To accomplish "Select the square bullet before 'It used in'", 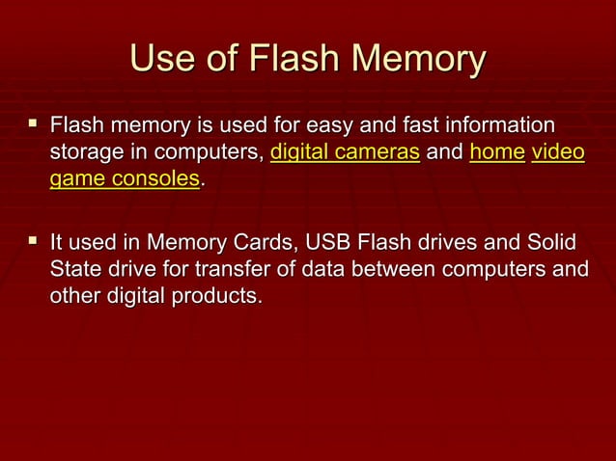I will click(33, 239).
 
